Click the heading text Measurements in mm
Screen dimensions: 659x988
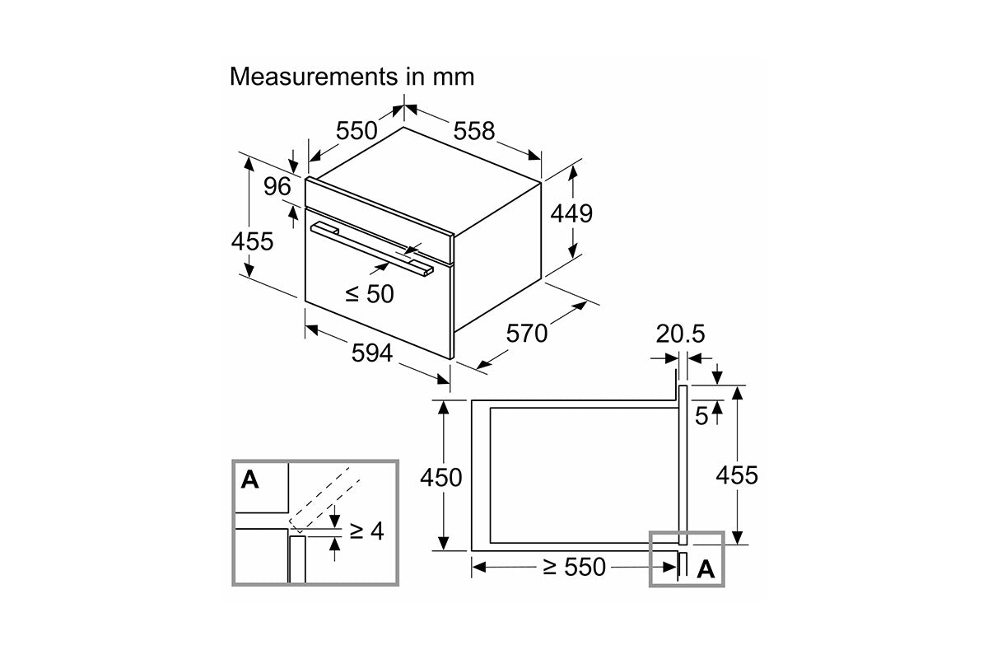[x=352, y=77]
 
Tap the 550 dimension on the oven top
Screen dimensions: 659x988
[x=357, y=130]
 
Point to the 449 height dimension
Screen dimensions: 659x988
[x=571, y=213]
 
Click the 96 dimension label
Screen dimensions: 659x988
[x=277, y=187]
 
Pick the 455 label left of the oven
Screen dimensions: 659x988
[x=252, y=241]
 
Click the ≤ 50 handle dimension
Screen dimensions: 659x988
[x=370, y=293]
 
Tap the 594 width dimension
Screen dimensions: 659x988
[x=373, y=353]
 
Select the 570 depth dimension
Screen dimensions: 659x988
[x=526, y=333]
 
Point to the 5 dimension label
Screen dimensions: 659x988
[x=701, y=416]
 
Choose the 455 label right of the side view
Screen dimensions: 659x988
[x=736, y=475]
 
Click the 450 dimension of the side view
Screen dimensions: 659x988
[x=441, y=477]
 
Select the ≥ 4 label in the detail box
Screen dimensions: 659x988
[x=367, y=531]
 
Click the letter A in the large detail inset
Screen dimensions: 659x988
[x=249, y=479]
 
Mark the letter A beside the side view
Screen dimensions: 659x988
[x=706, y=569]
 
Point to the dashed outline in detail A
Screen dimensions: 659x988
[x=324, y=498]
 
